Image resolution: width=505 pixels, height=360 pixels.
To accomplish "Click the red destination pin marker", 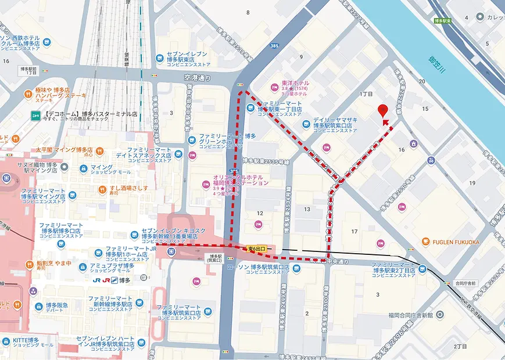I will [x=382, y=110].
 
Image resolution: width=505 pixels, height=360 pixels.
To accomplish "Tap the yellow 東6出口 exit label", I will [x=256, y=249].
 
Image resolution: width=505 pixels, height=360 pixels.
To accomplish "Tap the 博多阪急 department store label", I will [x=55, y=305].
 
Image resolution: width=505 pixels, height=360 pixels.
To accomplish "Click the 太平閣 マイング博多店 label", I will [x=64, y=149].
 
